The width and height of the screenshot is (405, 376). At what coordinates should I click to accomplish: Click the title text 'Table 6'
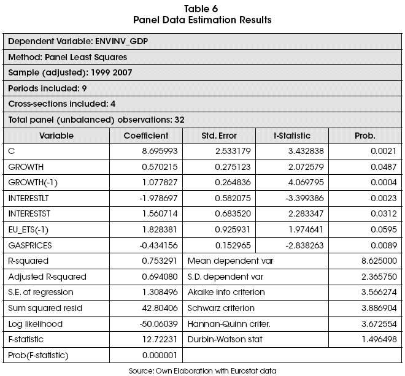[x=202, y=9]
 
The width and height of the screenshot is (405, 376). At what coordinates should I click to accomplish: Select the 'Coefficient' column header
[x=145, y=136]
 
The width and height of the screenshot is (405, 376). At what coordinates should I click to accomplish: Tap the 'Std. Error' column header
[x=219, y=136]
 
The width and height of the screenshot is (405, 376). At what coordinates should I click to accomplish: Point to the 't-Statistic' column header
[x=292, y=136]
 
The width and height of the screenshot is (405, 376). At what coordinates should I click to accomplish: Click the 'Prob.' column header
[x=365, y=136]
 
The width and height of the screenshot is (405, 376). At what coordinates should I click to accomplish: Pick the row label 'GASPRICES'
[x=29, y=245]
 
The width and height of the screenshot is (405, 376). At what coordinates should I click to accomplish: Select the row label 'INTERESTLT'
[x=29, y=198]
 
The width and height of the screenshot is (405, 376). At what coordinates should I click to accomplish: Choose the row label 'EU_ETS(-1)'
[x=29, y=230]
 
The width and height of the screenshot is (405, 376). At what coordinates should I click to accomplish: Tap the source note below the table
[x=202, y=370]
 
